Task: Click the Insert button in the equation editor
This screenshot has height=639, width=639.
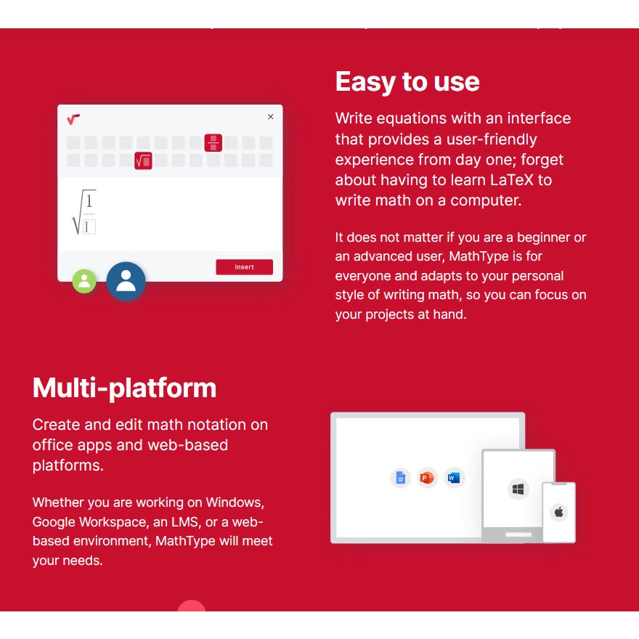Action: (x=244, y=267)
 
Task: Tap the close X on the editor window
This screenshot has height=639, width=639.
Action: (x=271, y=117)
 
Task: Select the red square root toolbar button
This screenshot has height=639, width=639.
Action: (x=143, y=160)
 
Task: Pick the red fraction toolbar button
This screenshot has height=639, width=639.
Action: (x=213, y=142)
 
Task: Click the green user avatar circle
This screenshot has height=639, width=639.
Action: (x=84, y=281)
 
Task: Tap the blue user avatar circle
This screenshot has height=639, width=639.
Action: (x=126, y=281)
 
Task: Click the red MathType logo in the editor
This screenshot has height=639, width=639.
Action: (x=73, y=119)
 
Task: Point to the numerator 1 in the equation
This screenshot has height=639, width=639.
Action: (x=89, y=201)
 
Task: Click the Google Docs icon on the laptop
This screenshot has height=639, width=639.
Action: (x=401, y=478)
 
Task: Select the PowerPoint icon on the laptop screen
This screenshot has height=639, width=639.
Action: (x=427, y=478)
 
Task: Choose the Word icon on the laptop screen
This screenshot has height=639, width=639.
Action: (x=454, y=478)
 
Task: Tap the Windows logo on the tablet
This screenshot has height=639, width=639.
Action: (x=518, y=489)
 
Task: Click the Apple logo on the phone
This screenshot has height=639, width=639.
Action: (x=559, y=512)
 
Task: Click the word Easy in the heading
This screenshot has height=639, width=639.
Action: (x=365, y=82)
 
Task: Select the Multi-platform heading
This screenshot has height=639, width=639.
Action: (x=124, y=388)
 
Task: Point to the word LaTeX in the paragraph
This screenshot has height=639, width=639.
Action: (x=511, y=180)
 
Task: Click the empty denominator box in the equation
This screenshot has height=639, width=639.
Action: (x=89, y=227)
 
